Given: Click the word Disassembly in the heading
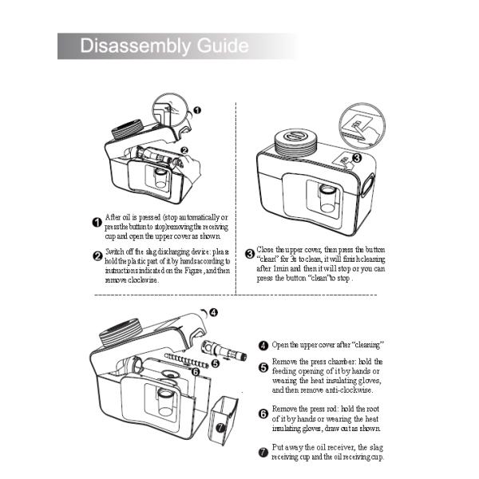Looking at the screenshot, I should click(x=133, y=46).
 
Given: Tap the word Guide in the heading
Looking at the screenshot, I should click(x=220, y=46).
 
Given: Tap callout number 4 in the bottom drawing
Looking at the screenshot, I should click(x=214, y=312).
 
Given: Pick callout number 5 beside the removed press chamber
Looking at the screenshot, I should click(x=215, y=363).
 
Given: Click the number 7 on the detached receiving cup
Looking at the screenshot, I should click(x=220, y=427).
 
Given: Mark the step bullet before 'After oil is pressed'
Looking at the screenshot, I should click(x=97, y=221).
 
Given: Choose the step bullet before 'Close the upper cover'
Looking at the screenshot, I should click(x=249, y=254).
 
